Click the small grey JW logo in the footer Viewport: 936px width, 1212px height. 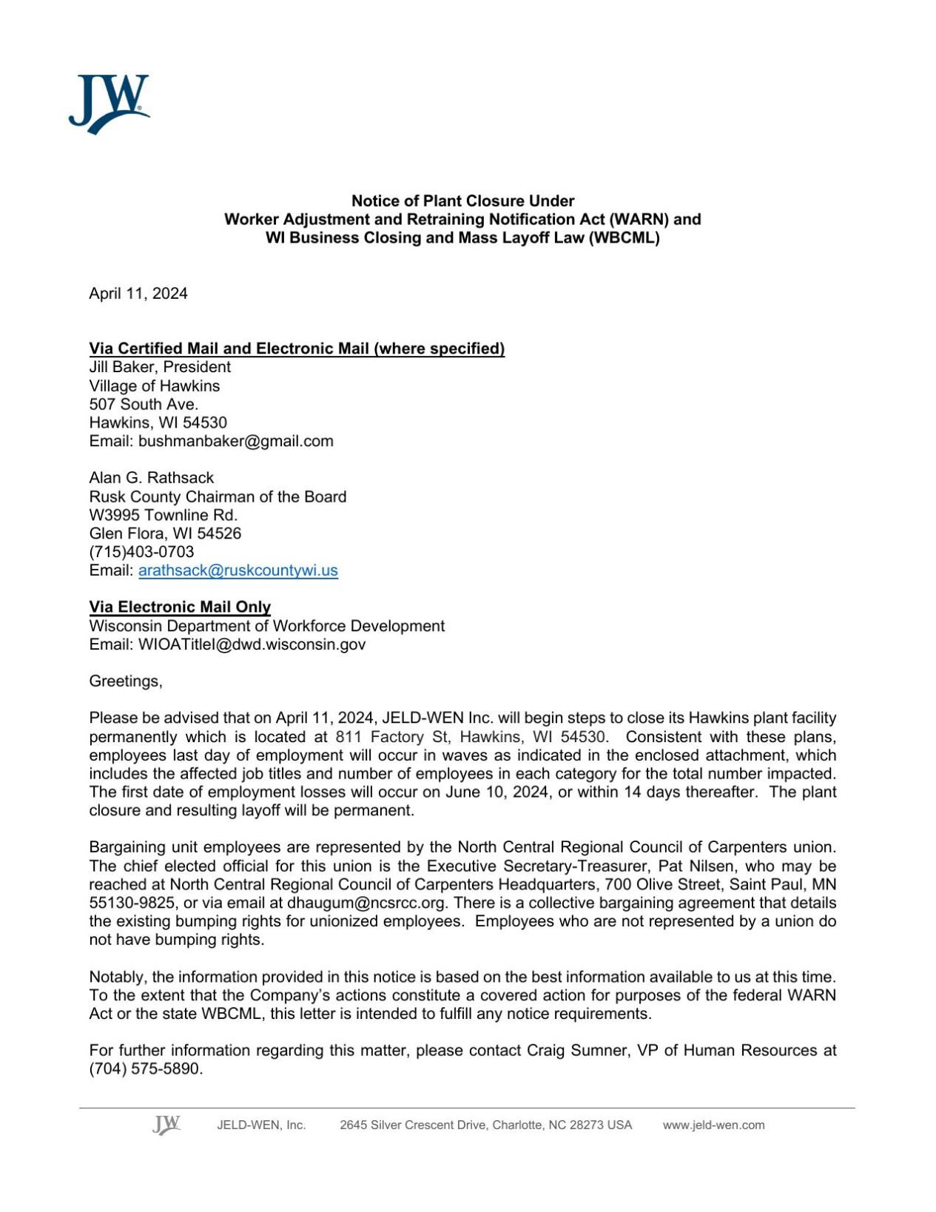(x=166, y=1124)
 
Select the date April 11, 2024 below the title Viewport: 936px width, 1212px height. (x=138, y=294)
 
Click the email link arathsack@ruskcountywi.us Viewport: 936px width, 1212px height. (x=238, y=570)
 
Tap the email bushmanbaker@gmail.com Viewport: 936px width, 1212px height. (x=235, y=441)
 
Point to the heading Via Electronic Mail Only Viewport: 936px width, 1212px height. (x=180, y=607)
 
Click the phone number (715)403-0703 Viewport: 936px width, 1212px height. (x=141, y=552)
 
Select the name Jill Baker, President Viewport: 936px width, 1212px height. (x=160, y=367)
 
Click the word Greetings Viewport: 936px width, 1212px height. (x=125, y=681)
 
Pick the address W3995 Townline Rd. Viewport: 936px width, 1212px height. (x=163, y=515)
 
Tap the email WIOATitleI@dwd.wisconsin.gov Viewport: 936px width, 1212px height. (x=252, y=644)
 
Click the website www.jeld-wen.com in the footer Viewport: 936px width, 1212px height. (x=713, y=1125)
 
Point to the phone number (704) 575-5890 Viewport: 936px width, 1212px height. (x=145, y=1068)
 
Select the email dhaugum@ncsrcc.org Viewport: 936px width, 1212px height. (x=366, y=903)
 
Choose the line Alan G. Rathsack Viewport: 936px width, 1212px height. (x=151, y=478)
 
